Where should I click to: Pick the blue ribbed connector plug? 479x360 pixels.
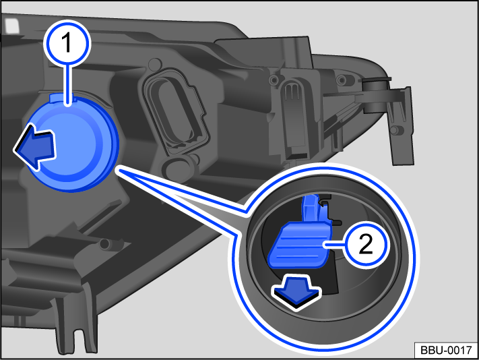tap(299, 245)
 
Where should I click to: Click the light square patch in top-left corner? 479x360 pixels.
tap(12, 26)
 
